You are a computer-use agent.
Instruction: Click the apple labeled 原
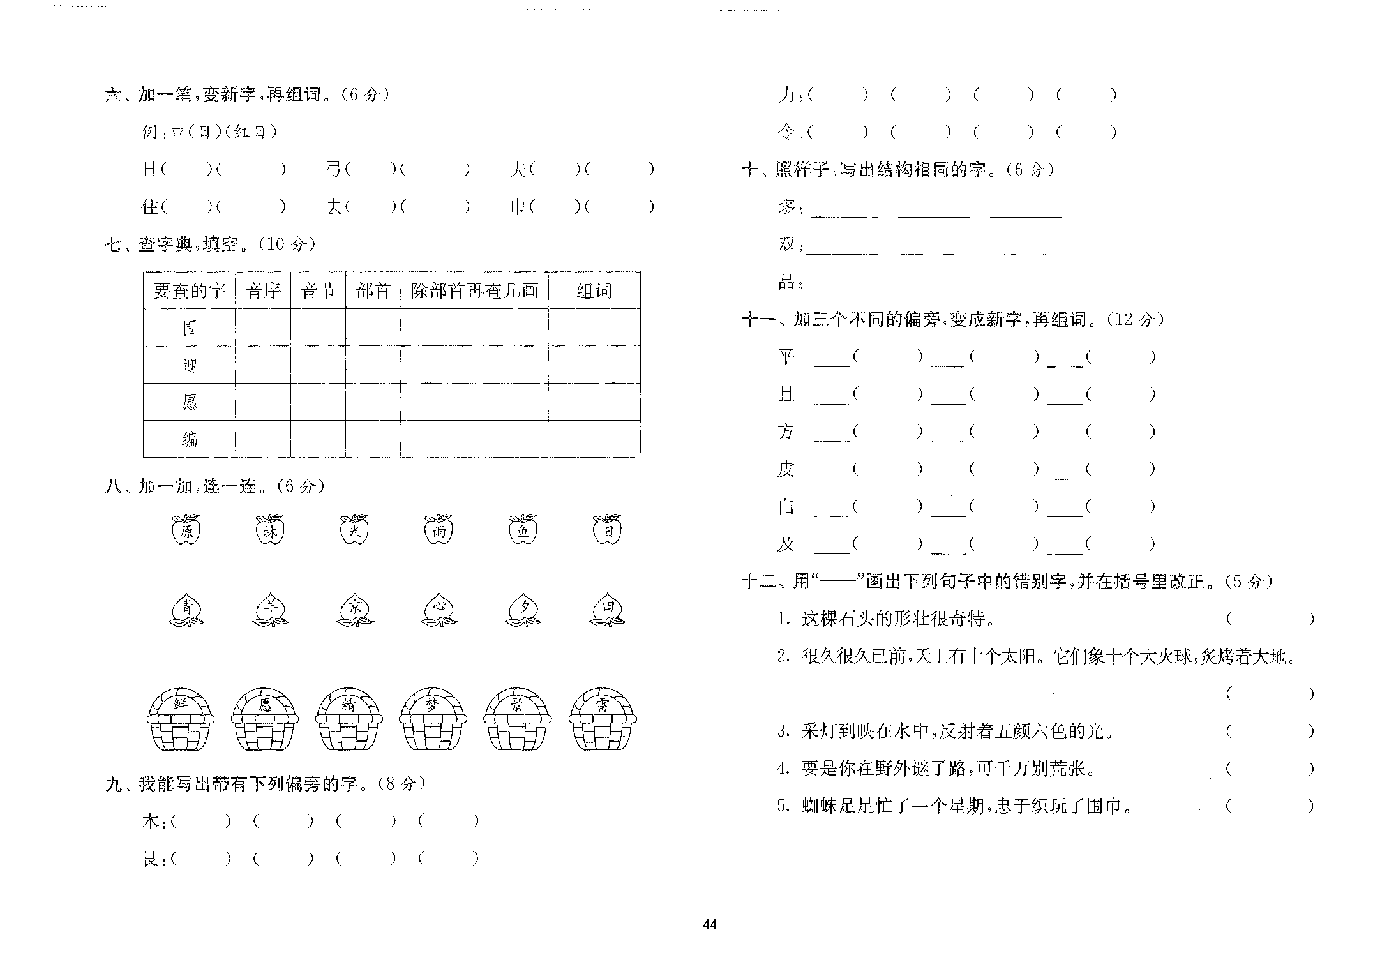coord(186,530)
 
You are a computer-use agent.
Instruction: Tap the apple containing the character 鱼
coord(523,530)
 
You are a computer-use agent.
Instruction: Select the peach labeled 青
coord(186,609)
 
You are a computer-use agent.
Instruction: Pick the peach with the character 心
coord(439,609)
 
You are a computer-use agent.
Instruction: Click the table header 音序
coord(263,291)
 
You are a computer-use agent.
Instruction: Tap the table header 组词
coord(594,291)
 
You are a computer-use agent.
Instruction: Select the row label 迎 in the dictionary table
coord(190,365)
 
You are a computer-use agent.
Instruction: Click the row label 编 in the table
coord(190,439)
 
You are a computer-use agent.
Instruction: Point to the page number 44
coord(710,925)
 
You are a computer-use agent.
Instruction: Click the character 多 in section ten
coord(787,207)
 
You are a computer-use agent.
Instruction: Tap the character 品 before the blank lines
coord(787,282)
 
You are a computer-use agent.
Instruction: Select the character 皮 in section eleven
coord(786,469)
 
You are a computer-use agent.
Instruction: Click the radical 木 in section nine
coord(151,821)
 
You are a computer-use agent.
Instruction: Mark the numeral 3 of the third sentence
coord(783,731)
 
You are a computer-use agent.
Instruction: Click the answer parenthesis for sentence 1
coord(1270,619)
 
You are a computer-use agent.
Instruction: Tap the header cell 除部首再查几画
coord(474,291)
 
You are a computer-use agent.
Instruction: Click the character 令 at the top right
coord(786,132)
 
